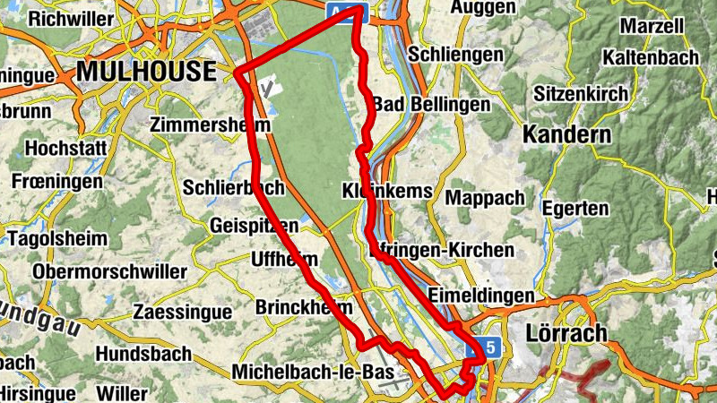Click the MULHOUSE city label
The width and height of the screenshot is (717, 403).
coord(147,72)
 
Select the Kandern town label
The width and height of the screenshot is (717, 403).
coord(566,136)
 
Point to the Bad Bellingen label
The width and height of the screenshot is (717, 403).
coord(432,105)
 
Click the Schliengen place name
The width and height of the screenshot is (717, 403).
coord(454,55)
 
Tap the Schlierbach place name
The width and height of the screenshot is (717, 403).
coord(233,188)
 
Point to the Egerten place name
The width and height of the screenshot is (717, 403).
coord(574,209)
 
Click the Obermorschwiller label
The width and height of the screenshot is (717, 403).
coord(109,271)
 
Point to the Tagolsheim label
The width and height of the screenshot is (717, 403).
coord(56,239)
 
